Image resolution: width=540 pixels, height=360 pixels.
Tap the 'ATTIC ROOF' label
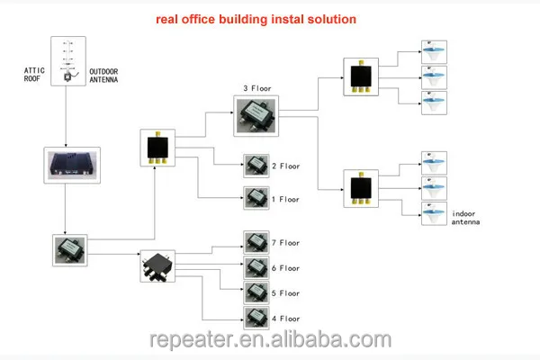pos(35,75)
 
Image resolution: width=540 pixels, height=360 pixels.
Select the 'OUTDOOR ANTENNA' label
pos(104,75)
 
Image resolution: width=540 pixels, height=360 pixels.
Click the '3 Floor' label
pos(258,88)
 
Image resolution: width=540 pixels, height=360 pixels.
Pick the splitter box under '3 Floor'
pos(258,115)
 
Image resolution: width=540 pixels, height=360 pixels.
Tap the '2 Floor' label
pos(286,166)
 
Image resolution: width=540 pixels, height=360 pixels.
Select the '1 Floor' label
pos(286,199)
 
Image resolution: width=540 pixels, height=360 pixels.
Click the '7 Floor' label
pos(286,243)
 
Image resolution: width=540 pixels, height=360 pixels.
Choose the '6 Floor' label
pos(286,268)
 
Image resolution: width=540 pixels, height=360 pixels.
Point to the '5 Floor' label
pos(286,293)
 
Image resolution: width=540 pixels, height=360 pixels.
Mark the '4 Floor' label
pos(286,319)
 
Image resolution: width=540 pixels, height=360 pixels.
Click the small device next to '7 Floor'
pos(256,242)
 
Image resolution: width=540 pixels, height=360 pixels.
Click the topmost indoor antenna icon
pos(436,48)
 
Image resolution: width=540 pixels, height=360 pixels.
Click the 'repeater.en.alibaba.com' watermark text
pos(269,341)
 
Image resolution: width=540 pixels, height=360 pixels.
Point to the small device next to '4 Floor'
pos(256,318)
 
